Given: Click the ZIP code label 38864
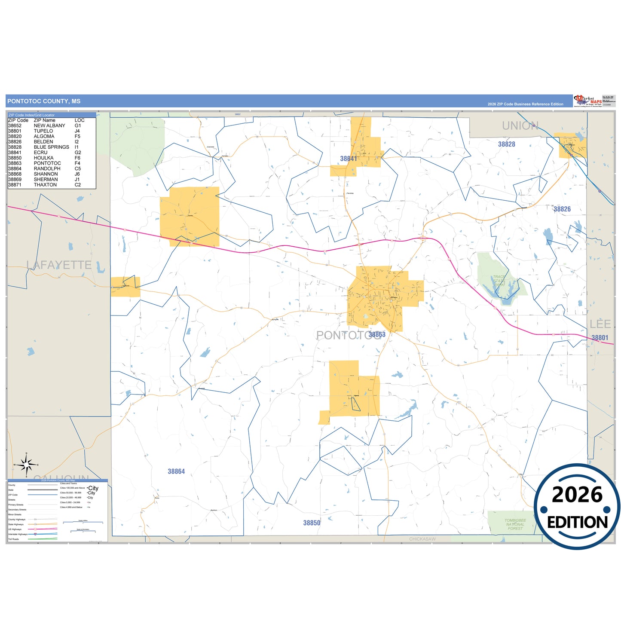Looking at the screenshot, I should coord(176,471).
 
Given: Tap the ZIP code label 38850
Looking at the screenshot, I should coord(312,523).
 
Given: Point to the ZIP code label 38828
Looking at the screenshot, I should coord(506,144).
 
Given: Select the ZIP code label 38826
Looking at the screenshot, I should coord(562,209).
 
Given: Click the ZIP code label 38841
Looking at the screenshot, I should coord(349,159).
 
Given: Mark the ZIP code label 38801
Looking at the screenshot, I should coord(600,338).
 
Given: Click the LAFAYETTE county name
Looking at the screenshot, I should coord(59,265).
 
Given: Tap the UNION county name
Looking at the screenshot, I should coord(520,126).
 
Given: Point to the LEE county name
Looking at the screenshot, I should coord(600,324).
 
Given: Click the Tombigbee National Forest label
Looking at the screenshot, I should coord(515,524).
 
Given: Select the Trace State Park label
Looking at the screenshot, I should coord(499,281).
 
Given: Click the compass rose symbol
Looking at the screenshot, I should coord(27,465).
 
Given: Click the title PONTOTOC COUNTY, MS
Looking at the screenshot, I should coord(44,101).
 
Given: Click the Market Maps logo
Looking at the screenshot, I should coord(587,101).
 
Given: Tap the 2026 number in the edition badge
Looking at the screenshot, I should coord(577,495).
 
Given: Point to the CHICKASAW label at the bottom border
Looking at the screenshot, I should coord(422,539).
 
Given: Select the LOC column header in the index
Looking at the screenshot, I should coord(80,120).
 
